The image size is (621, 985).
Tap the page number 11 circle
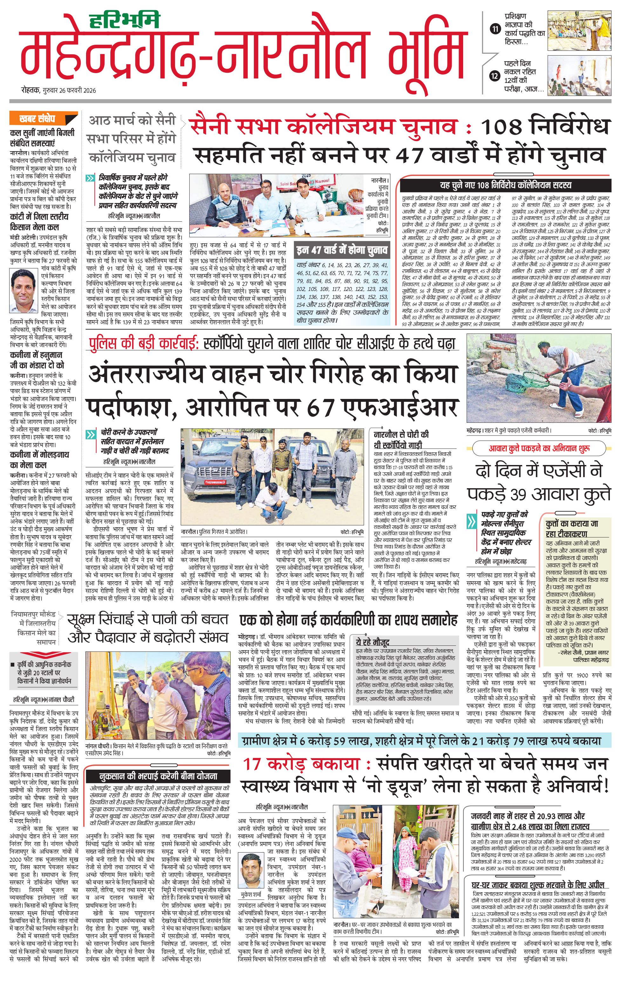click(x=496, y=29)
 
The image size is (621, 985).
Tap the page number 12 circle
click(x=496, y=76)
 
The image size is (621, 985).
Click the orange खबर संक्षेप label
click(x=37, y=119)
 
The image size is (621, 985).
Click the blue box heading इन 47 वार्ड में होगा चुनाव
click(x=342, y=250)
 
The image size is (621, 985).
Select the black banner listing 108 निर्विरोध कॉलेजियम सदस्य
click(x=506, y=185)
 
